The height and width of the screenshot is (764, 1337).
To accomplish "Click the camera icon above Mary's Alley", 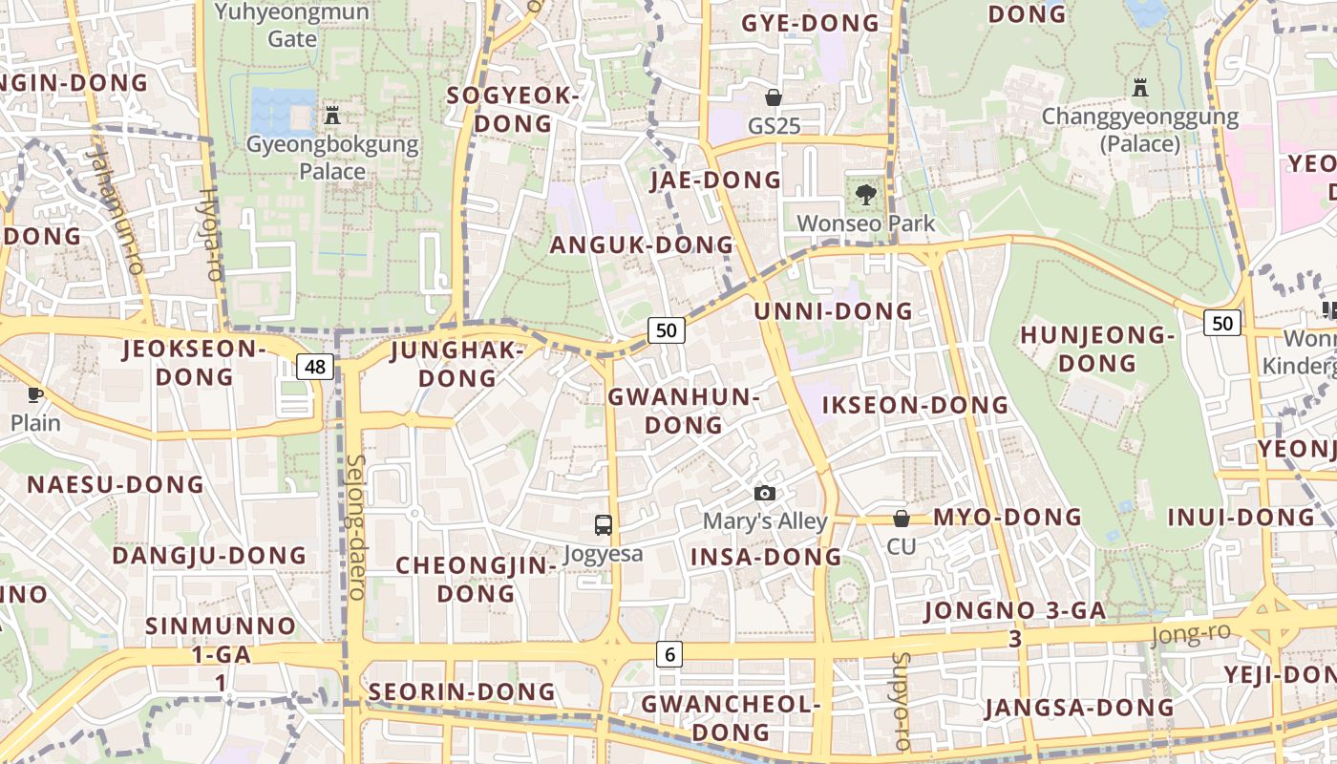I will point(764,493).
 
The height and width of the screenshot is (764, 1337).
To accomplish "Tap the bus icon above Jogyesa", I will point(604,524).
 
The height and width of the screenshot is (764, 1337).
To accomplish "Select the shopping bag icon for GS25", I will point(774,97).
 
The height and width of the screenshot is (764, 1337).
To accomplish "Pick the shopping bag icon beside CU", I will point(901,519).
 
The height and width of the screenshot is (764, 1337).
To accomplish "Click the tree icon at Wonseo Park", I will point(866,195).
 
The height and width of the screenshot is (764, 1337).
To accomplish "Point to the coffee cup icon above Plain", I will point(35,394).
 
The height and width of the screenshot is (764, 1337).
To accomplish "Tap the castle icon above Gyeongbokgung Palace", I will point(332,116).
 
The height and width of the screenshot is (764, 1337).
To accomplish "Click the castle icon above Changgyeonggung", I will point(1139,89).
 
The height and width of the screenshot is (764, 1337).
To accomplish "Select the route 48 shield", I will point(315,366).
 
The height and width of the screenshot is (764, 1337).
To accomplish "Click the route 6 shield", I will point(669,654).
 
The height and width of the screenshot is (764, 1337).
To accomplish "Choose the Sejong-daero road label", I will point(356,526).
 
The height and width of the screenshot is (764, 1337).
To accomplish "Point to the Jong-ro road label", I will point(1191,633).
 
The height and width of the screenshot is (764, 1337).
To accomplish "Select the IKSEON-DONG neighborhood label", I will point(915,405).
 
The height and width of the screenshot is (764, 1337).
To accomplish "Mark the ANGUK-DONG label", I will point(641,244).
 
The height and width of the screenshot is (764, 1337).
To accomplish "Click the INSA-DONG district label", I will point(766,557).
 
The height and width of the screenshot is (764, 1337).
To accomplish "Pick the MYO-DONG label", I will point(1008,517).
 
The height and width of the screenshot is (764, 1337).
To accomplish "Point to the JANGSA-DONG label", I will point(1079,708).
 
